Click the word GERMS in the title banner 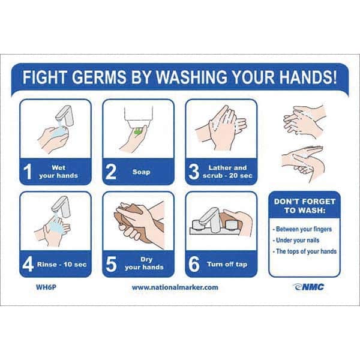pos(100,77)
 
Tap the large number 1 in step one pos(28,172)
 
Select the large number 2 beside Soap pos(110,172)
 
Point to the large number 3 pos(194,172)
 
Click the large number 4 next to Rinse pos(28,264)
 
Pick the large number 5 pos(111,264)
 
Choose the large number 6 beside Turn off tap pos(194,264)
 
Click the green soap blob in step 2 pos(138,131)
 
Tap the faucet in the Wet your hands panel pos(65,115)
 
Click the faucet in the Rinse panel pos(61,206)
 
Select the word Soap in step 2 pos(141,172)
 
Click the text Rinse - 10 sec pos(62,264)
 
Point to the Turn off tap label pos(227,264)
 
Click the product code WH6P pos(46,287)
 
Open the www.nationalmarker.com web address pos(175,287)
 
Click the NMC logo pos(308,287)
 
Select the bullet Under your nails pos(296,240)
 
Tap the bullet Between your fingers pos(302,229)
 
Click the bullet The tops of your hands pos(305,251)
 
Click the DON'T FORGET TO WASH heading pos(305,206)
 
